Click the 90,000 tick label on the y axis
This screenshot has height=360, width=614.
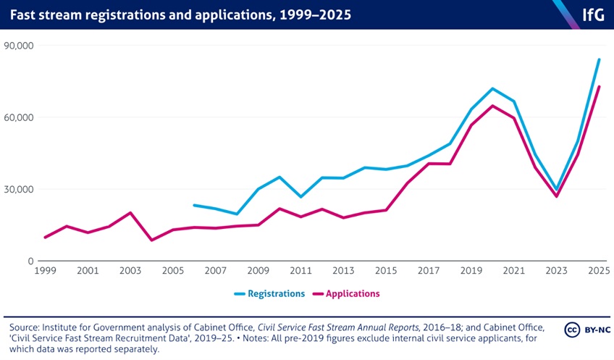(20, 46)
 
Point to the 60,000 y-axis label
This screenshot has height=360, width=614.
(20, 117)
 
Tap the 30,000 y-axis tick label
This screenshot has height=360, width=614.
(20, 189)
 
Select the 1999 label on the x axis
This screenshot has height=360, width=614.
(45, 271)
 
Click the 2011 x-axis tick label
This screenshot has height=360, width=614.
(300, 271)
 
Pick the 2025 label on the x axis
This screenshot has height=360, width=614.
(599, 271)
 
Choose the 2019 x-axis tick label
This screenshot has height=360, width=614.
(471, 271)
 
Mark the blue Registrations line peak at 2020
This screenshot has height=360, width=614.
(492, 88)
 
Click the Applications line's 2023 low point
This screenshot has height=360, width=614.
(556, 196)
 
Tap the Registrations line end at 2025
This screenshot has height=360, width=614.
(599, 59)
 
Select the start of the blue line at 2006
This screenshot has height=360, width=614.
(194, 205)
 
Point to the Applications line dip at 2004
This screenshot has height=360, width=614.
(151, 240)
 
